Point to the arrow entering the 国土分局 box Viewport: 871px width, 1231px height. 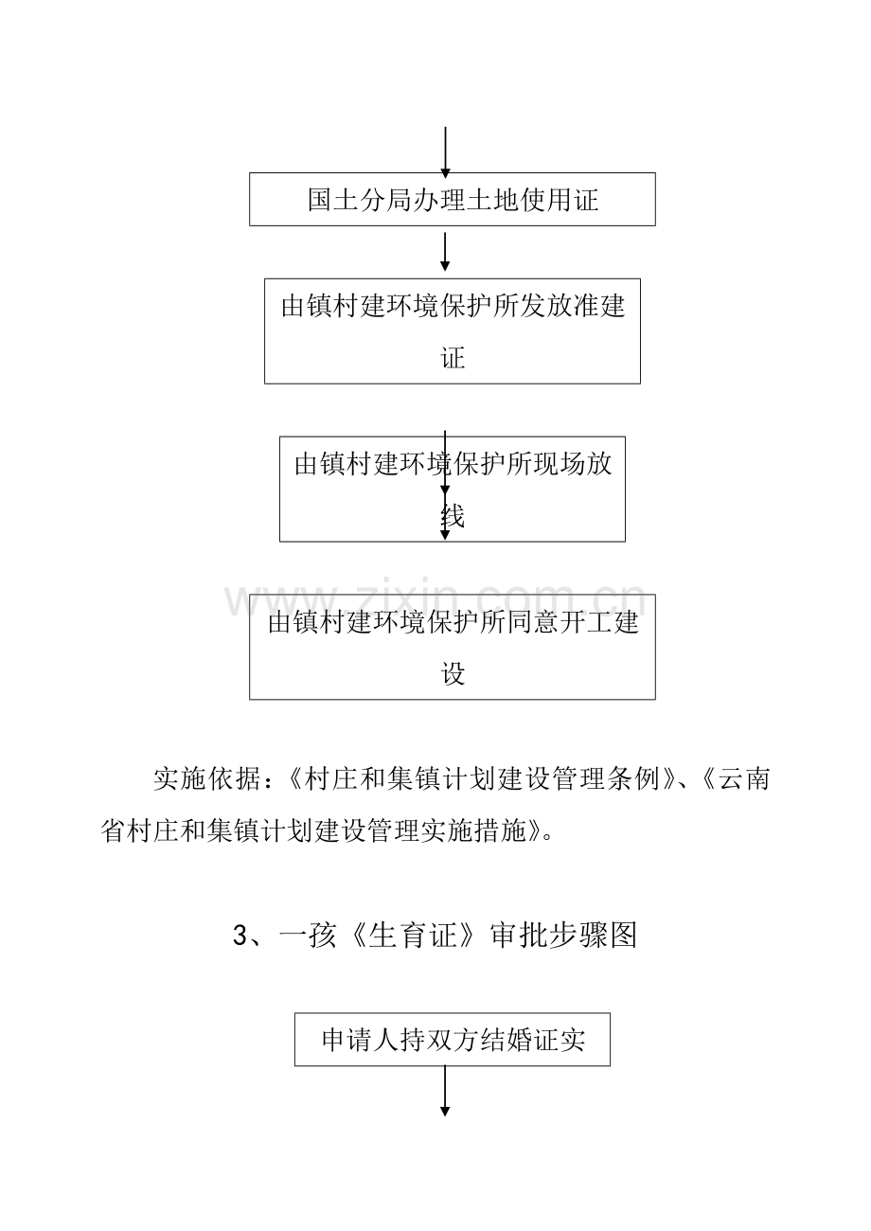(x=445, y=152)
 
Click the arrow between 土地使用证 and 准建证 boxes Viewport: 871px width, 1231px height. (x=445, y=252)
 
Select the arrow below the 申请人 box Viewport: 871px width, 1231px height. (x=445, y=1091)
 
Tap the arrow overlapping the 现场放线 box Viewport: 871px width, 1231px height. (x=445, y=485)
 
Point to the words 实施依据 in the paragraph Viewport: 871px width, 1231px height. (x=206, y=778)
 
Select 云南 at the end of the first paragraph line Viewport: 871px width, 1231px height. (x=744, y=778)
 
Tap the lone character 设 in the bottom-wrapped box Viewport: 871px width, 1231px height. (x=453, y=674)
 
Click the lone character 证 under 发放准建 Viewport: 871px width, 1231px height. (x=453, y=358)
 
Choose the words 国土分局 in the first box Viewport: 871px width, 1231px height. (x=360, y=200)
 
